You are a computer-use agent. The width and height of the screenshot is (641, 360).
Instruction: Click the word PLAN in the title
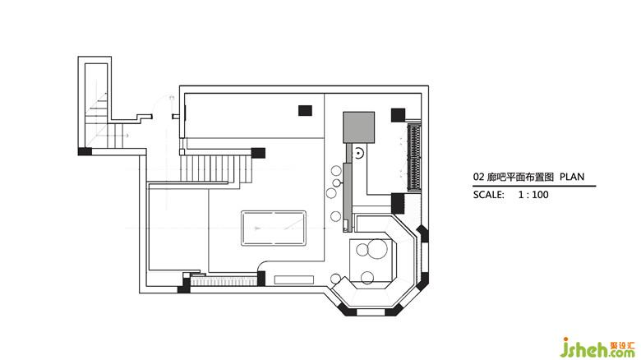[x=572, y=177]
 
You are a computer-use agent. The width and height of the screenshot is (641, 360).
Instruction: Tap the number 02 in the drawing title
[x=479, y=178]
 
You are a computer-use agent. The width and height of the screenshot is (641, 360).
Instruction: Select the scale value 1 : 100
[x=533, y=195]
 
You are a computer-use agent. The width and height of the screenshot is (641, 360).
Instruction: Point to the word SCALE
[x=488, y=195]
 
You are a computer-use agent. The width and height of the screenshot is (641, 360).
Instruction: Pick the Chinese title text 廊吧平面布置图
[x=520, y=178]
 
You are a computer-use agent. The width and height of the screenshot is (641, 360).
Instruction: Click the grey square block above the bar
[x=358, y=127]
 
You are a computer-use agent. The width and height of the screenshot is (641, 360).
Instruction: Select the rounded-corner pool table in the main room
[x=274, y=228]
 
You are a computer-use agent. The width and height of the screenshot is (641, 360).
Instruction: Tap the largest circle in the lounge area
[x=377, y=250]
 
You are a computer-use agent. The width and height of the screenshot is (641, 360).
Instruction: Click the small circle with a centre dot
[x=358, y=153]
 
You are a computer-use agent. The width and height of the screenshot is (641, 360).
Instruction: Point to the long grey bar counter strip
[x=348, y=196]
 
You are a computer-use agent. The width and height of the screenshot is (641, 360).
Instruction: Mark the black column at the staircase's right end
[x=258, y=153]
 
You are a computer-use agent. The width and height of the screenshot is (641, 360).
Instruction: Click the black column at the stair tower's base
[x=85, y=151]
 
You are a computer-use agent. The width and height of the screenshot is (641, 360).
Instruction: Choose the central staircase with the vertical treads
[x=217, y=168]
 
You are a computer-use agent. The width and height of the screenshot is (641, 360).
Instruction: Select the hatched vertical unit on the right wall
[x=414, y=158]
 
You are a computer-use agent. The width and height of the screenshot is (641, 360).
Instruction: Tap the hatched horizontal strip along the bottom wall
[x=224, y=281]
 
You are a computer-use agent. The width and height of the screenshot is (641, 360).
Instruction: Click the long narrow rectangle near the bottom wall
[x=294, y=279]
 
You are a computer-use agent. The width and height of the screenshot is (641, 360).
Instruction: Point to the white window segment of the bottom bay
[x=371, y=312]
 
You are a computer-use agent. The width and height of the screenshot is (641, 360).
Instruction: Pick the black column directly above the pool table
[x=305, y=110]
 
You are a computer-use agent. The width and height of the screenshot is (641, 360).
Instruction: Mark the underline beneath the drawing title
[x=534, y=186]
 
